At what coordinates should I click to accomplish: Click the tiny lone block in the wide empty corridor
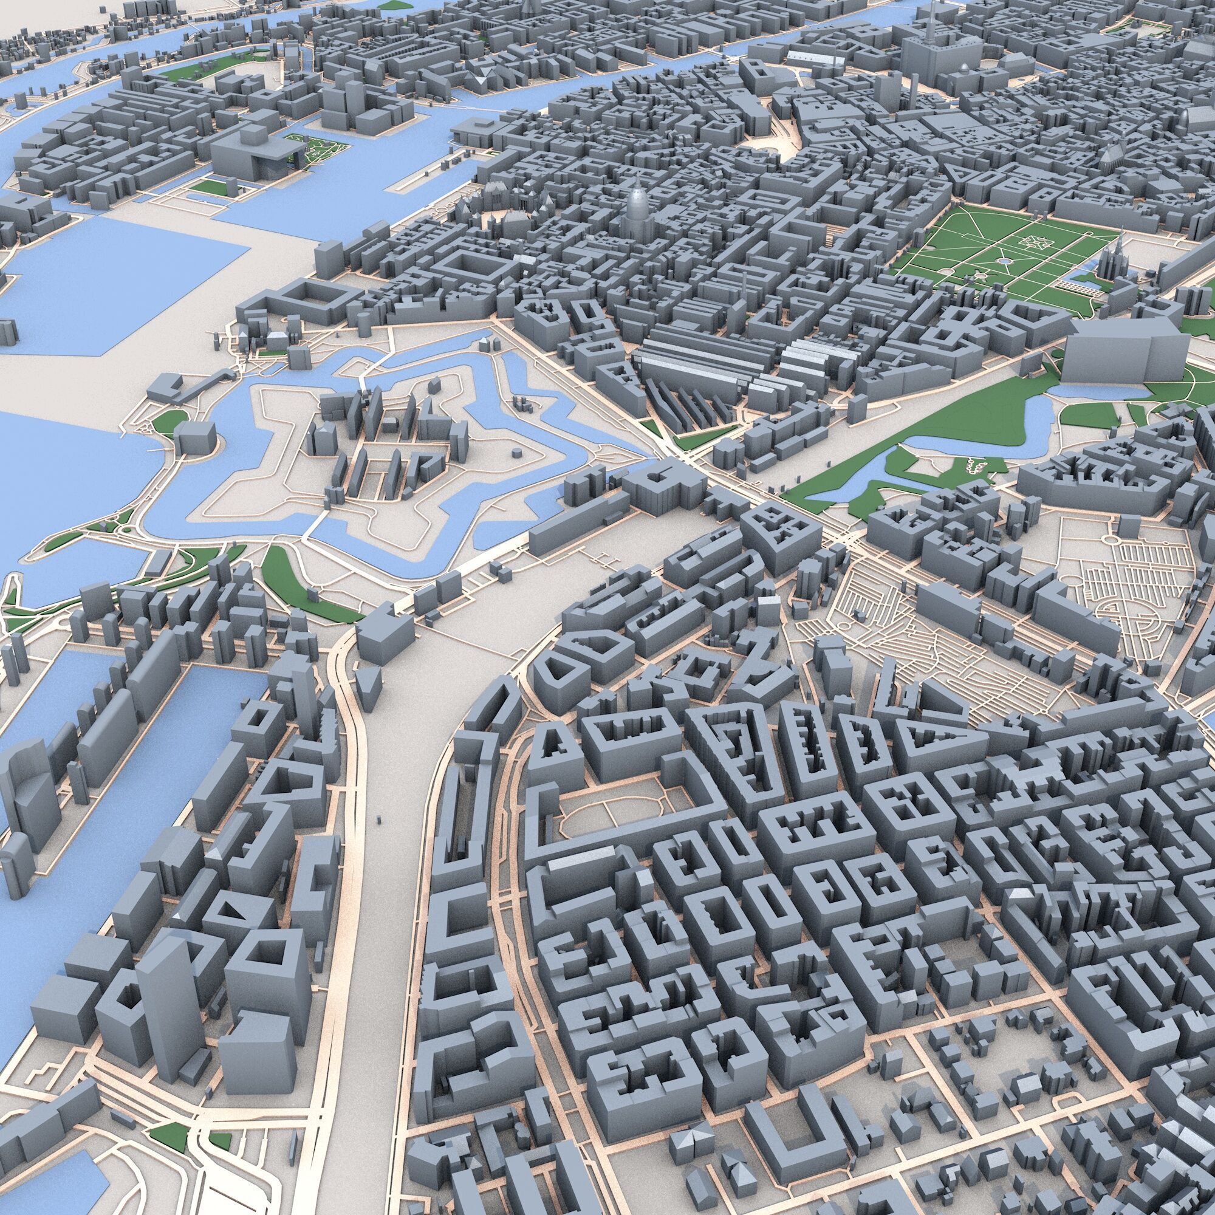pos(378,820)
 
